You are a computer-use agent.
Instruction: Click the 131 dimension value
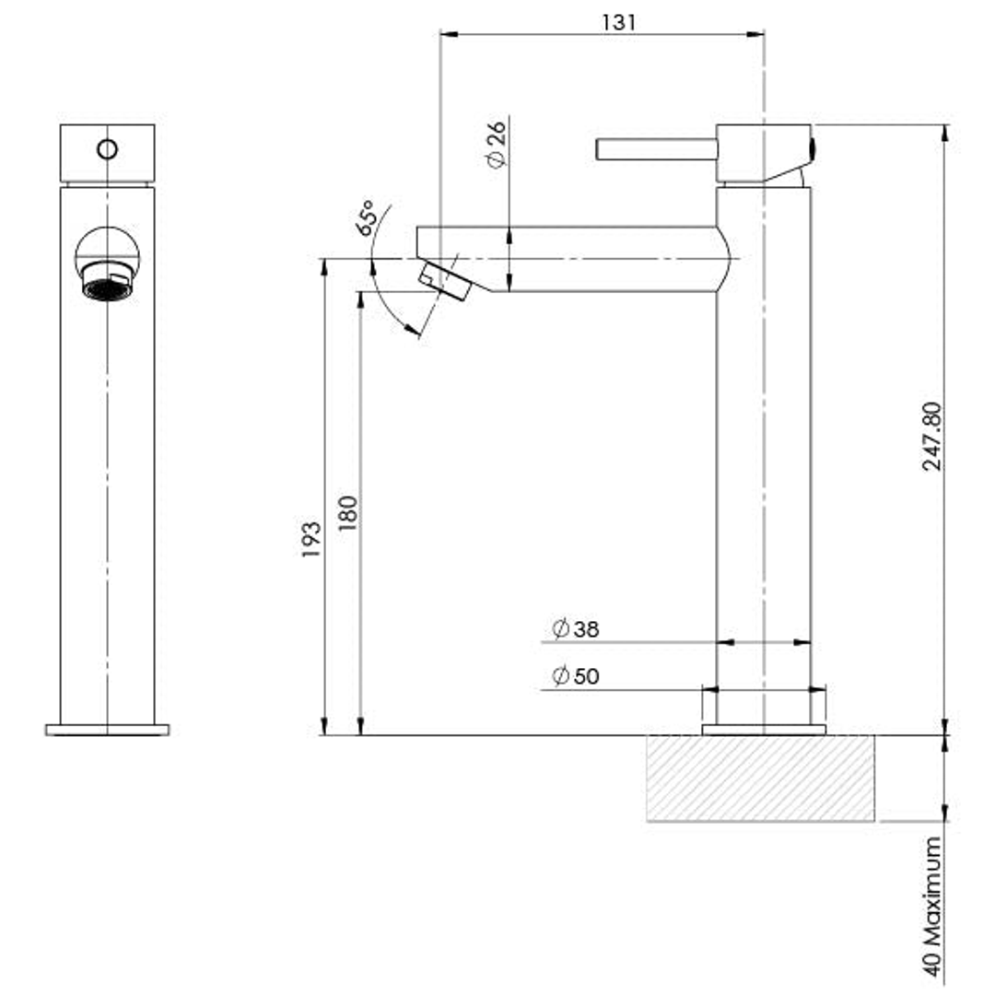(x=619, y=22)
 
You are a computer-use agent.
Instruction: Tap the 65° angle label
(x=367, y=218)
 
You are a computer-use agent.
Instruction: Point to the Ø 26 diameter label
(x=495, y=146)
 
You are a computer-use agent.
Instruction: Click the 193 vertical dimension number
(x=310, y=540)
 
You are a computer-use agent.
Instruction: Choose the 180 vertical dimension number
(x=347, y=514)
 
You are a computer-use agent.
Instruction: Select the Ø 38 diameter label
(x=576, y=629)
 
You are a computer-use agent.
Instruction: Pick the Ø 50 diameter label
(x=576, y=676)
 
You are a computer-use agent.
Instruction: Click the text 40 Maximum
(x=932, y=907)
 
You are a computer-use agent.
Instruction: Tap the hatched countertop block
(x=760, y=778)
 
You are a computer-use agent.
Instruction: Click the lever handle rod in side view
(x=656, y=149)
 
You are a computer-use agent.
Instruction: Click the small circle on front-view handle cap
(x=108, y=148)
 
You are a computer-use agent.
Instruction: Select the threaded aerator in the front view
(x=107, y=282)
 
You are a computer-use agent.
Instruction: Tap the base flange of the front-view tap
(x=107, y=730)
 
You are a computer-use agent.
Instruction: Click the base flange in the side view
(x=764, y=730)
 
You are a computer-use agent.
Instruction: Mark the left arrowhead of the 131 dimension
(x=446, y=34)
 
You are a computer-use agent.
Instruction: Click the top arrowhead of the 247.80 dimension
(x=945, y=132)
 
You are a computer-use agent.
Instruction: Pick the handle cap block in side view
(x=763, y=153)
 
